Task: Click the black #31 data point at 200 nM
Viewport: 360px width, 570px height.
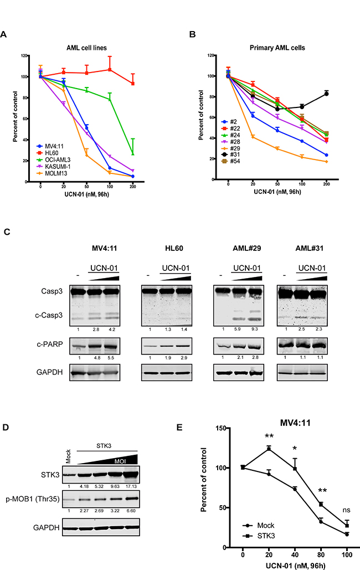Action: (x=327, y=93)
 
